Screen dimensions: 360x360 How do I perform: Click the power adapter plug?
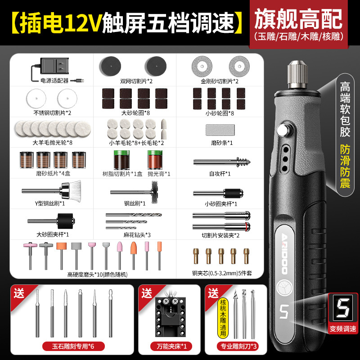point(54,66)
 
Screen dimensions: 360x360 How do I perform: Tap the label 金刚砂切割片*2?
point(220,81)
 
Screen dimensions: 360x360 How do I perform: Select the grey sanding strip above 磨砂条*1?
point(220,130)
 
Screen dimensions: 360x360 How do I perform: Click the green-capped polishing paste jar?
point(155,160)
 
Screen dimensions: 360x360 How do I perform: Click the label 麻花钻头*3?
point(137,235)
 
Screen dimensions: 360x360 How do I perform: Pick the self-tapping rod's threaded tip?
point(243,162)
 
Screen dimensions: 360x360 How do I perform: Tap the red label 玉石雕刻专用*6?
point(73,346)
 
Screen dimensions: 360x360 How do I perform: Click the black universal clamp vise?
point(171,317)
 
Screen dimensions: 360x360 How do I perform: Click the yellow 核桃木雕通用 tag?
point(223,318)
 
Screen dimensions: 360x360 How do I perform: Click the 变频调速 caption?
point(343,329)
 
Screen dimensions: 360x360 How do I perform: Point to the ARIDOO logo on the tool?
point(284,253)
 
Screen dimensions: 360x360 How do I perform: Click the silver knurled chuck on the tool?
point(298,75)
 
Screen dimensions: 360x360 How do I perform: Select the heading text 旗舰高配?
point(298,19)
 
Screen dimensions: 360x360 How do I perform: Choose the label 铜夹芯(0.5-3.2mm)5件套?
point(222,273)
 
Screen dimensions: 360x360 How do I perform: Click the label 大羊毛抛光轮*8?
point(52,143)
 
